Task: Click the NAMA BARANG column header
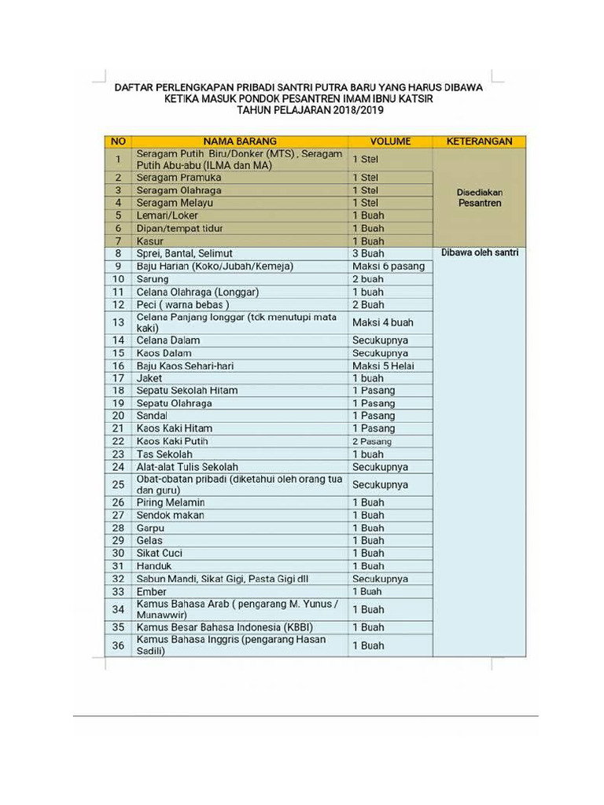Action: [240, 142]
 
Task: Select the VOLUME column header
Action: [390, 142]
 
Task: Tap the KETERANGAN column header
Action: [479, 142]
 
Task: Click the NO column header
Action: [118, 142]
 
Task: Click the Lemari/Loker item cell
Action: [167, 215]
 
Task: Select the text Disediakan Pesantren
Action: [479, 197]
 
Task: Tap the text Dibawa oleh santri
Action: [479, 253]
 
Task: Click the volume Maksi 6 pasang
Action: [388, 266]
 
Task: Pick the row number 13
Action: [118, 322]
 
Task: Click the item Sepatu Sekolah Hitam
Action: [186, 391]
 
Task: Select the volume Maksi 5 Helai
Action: [383, 366]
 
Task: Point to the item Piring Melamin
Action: [171, 502]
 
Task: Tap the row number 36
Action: [118, 645]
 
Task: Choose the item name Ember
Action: [151, 591]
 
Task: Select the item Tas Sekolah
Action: [164, 454]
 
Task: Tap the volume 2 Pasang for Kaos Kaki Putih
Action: [371, 442]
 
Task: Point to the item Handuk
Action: [154, 566]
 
